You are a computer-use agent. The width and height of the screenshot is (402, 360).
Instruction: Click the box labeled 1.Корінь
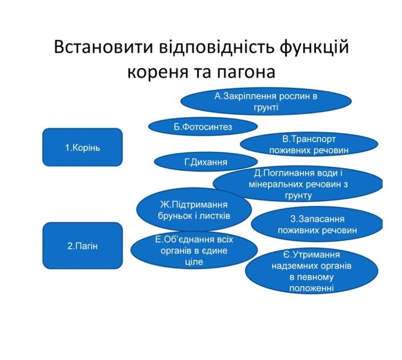(82, 147)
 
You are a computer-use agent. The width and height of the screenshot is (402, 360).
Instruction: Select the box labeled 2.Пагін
(82, 246)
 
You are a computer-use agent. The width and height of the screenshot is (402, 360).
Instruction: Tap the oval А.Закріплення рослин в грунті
(266, 101)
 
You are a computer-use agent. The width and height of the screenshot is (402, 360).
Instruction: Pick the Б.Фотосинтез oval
(203, 127)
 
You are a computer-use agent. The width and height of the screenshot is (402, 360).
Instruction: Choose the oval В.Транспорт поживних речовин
(309, 145)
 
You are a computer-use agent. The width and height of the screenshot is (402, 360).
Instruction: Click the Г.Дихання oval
(205, 162)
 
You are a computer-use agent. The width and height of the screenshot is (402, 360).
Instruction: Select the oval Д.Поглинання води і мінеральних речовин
(298, 184)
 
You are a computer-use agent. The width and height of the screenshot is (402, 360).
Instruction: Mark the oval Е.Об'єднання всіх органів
(194, 250)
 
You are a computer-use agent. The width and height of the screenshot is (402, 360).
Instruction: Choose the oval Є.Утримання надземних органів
(311, 271)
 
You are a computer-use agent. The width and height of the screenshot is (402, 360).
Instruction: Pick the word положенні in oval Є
(311, 288)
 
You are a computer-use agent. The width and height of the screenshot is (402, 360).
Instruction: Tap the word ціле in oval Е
(194, 262)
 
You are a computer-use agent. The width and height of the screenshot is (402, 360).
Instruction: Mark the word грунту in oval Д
(298, 195)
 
